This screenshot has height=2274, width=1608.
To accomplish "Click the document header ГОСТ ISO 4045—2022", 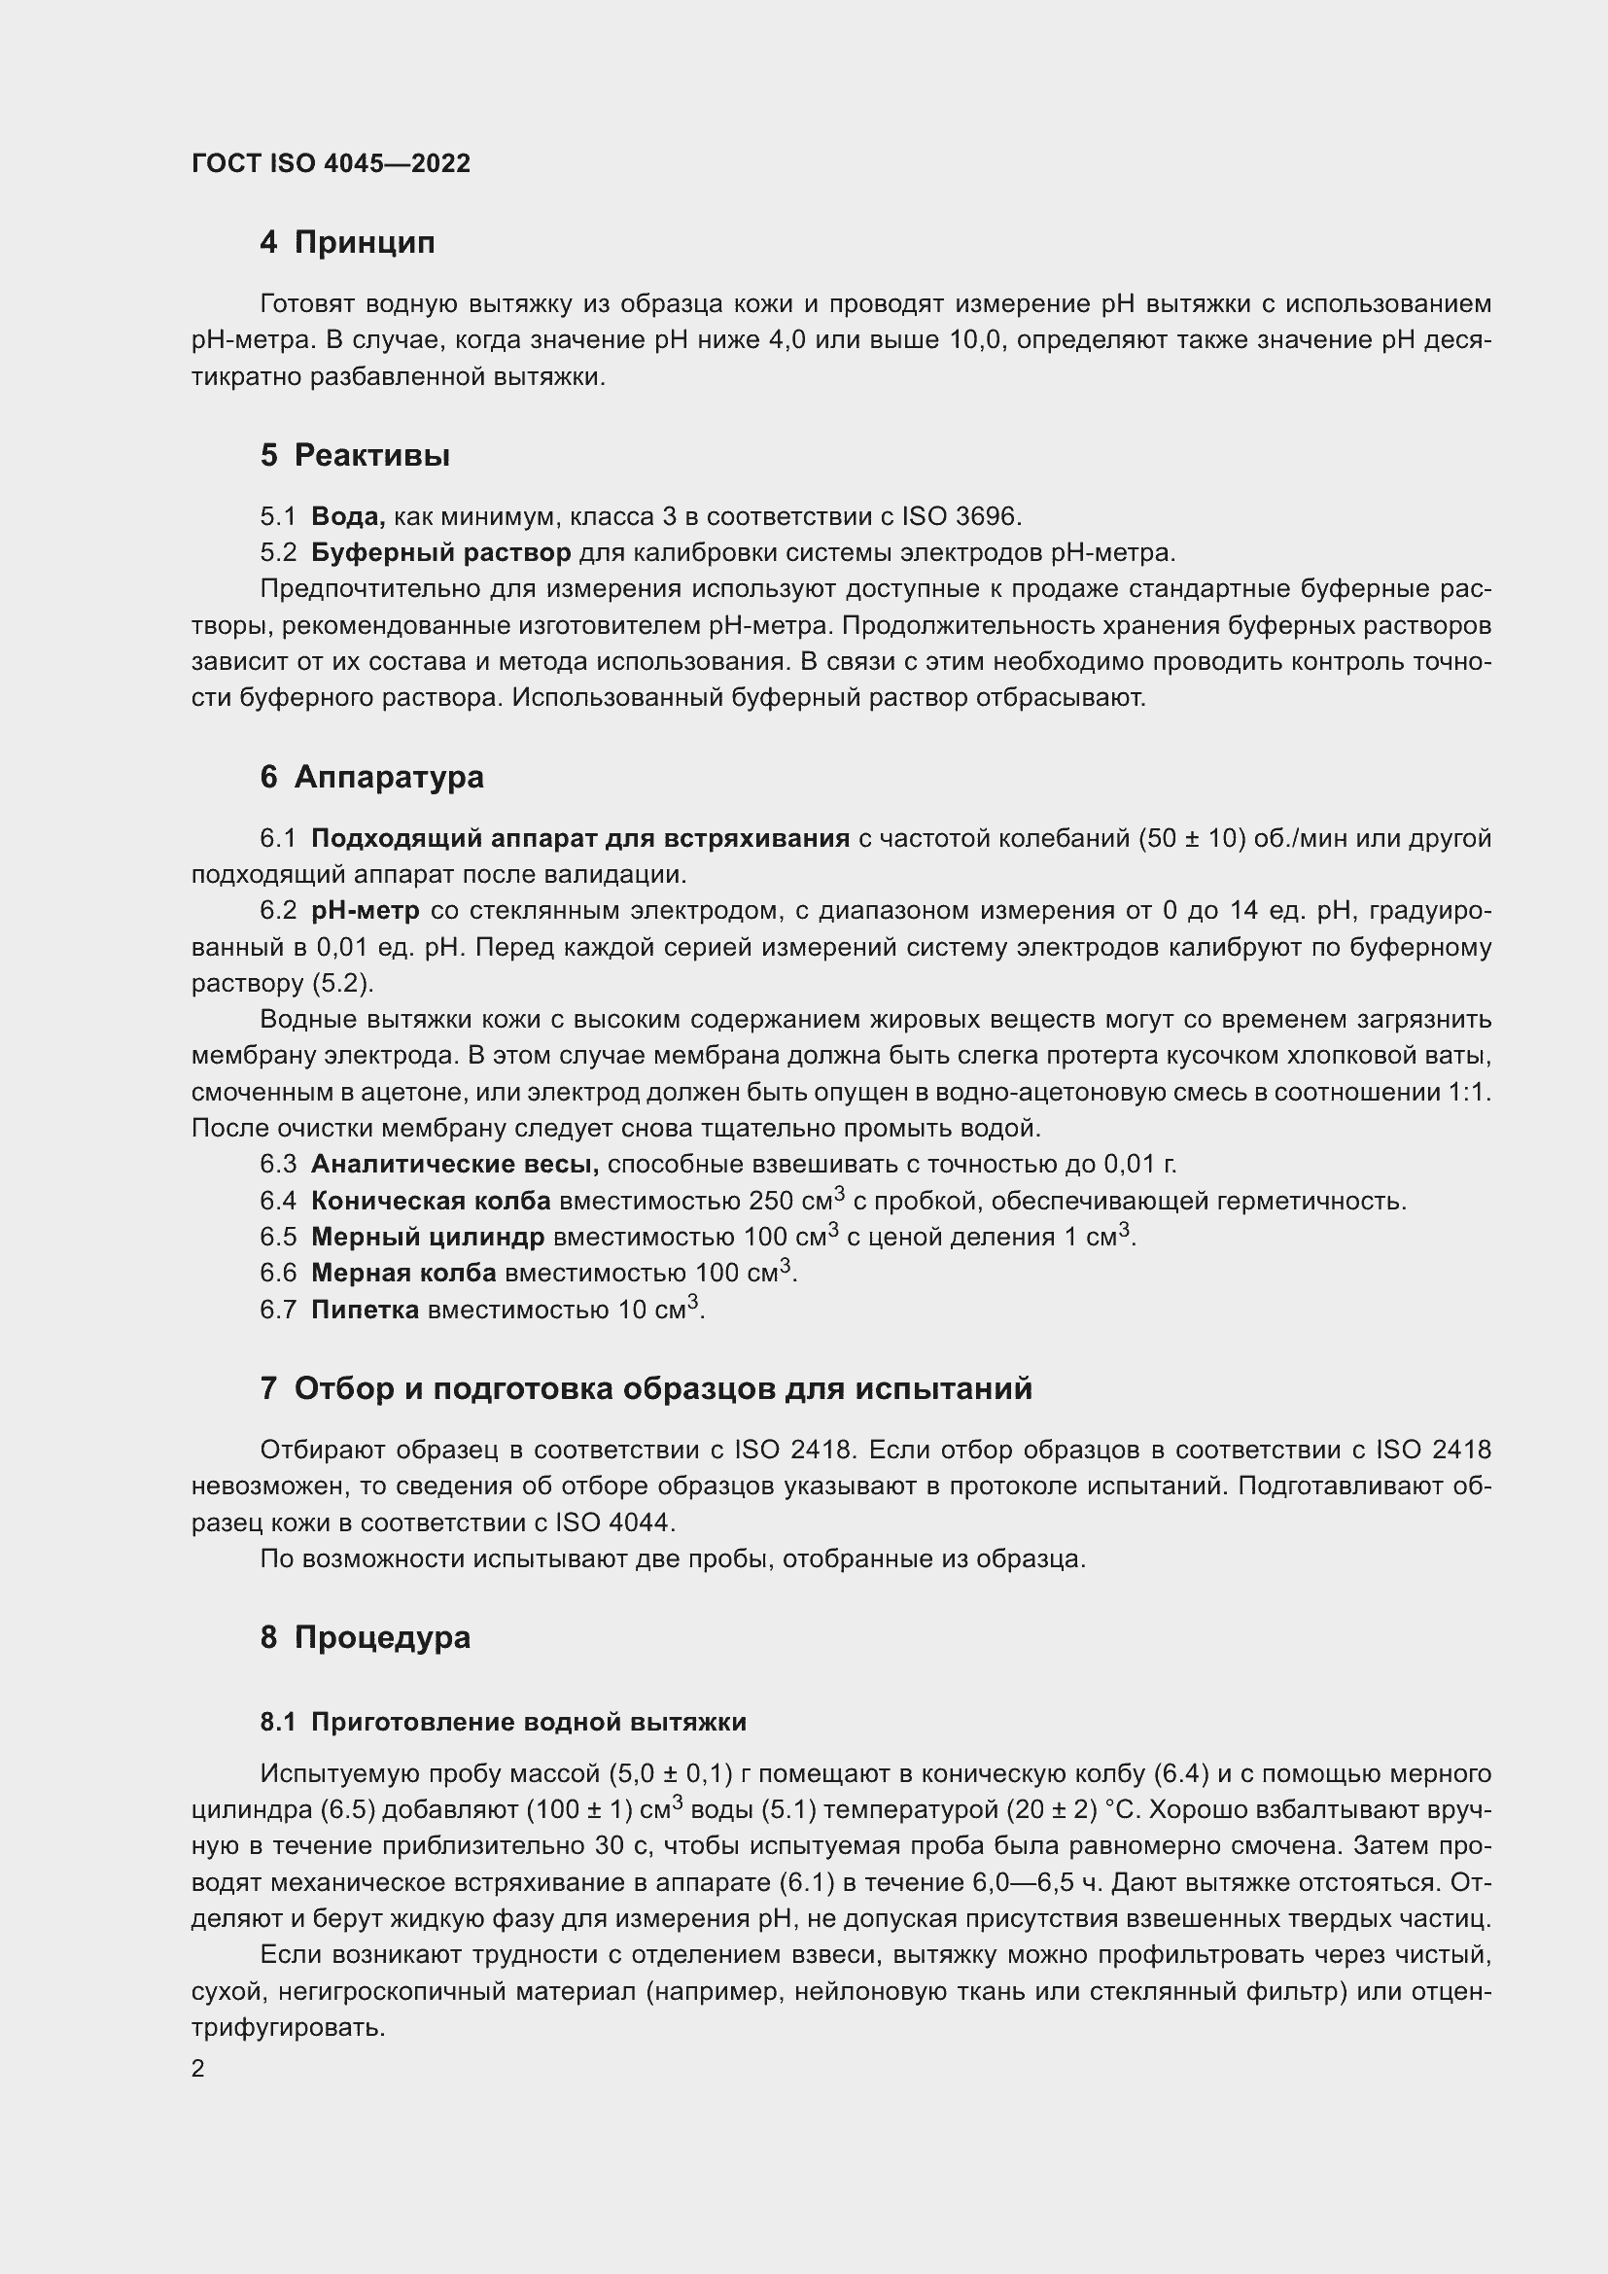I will [331, 163].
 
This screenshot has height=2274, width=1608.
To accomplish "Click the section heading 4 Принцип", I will [346, 242].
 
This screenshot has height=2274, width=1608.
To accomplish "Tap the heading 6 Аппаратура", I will [371, 777].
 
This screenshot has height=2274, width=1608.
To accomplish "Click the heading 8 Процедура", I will [365, 1636].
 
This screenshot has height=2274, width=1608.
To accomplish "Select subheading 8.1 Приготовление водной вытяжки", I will [503, 1723].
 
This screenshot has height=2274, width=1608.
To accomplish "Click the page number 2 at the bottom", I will [198, 2068].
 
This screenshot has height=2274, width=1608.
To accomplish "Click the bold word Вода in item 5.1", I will [346, 516].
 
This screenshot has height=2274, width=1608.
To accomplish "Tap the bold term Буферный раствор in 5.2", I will [440, 551].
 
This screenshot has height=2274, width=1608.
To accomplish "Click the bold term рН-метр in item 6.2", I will [365, 910].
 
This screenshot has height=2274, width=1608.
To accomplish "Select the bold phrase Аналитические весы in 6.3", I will [454, 1164].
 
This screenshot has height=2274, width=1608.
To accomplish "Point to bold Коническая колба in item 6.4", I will [431, 1201].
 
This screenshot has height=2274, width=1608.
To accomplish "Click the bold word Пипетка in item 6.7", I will [365, 1310].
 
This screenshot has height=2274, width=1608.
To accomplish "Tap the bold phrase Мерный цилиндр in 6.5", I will [428, 1237].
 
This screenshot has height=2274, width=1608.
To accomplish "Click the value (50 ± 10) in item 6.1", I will [1191, 838].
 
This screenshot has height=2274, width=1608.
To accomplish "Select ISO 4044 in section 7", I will [614, 1522].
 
